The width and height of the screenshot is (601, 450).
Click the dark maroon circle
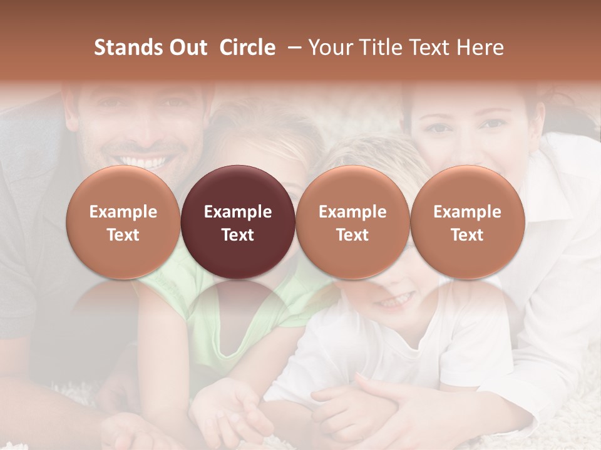[x=238, y=222]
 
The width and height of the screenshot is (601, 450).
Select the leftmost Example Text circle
[x=123, y=222]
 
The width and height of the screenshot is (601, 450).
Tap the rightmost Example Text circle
[x=467, y=222]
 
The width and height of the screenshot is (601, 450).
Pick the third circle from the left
[x=352, y=222]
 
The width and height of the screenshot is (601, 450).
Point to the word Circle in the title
[x=247, y=47]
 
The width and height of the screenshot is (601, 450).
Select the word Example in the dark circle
[x=238, y=212]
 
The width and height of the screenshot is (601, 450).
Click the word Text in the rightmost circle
[x=467, y=235]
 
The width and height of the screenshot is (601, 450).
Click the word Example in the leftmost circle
[x=123, y=212]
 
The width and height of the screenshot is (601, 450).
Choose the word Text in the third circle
[x=352, y=235]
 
